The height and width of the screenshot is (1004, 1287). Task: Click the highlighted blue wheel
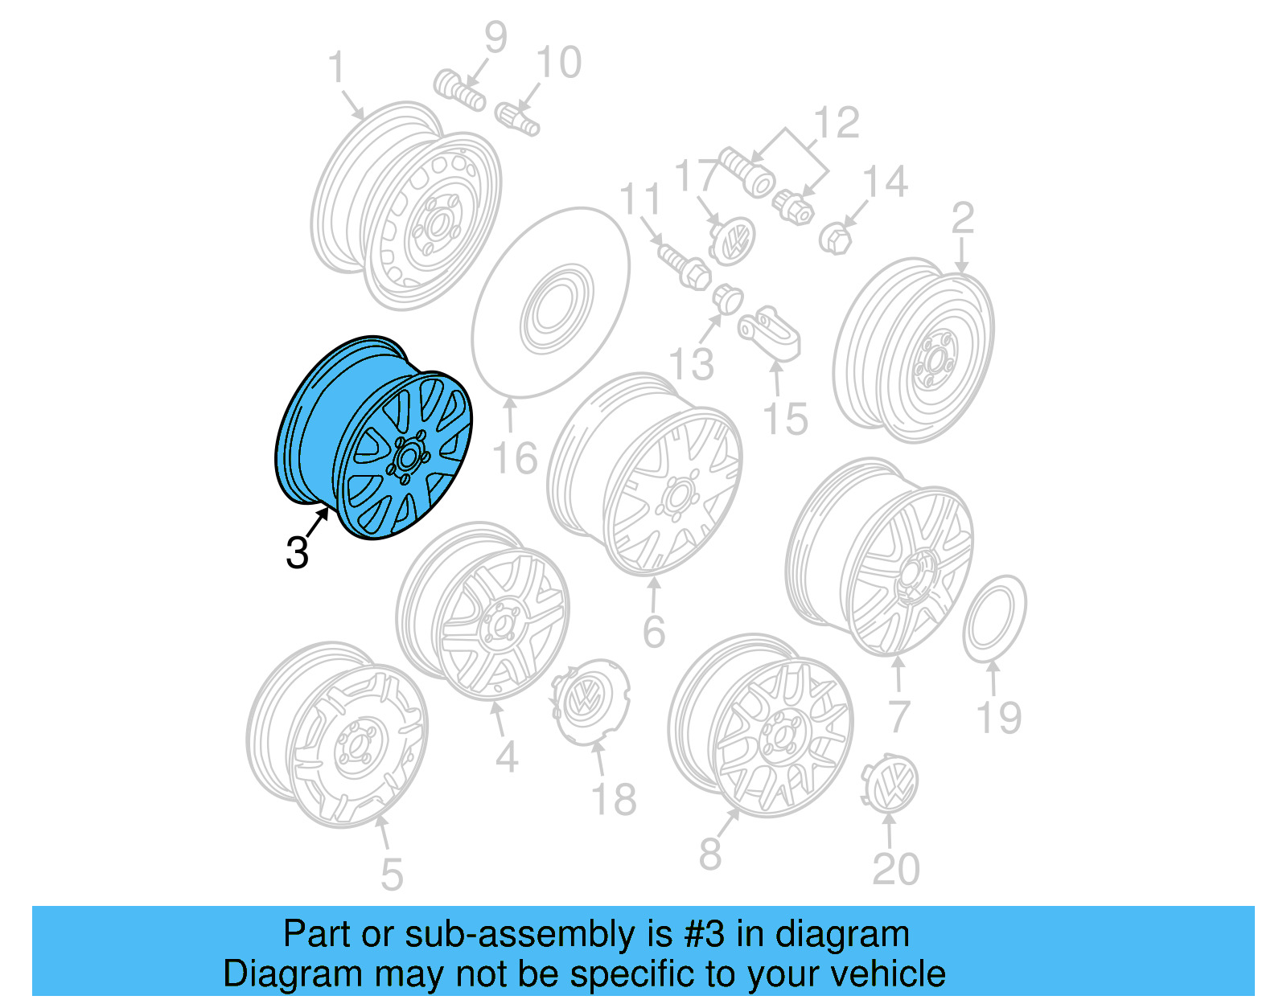[x=374, y=438]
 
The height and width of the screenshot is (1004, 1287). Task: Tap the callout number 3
[x=297, y=553]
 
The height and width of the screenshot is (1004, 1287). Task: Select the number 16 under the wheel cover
[x=514, y=459]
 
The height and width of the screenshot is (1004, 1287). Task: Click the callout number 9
[x=495, y=37]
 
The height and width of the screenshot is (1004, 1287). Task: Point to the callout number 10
[x=558, y=63]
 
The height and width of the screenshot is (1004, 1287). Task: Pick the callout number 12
[x=837, y=123]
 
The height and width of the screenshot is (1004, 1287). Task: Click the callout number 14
[x=886, y=182]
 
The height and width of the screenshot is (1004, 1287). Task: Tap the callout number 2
[x=962, y=219]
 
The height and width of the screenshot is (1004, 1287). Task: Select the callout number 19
[x=998, y=718]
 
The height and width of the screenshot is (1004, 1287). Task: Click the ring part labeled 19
[x=994, y=618]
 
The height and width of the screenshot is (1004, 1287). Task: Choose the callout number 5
[x=391, y=875]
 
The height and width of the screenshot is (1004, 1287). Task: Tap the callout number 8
[x=709, y=854]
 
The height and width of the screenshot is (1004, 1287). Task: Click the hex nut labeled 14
[x=836, y=239]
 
